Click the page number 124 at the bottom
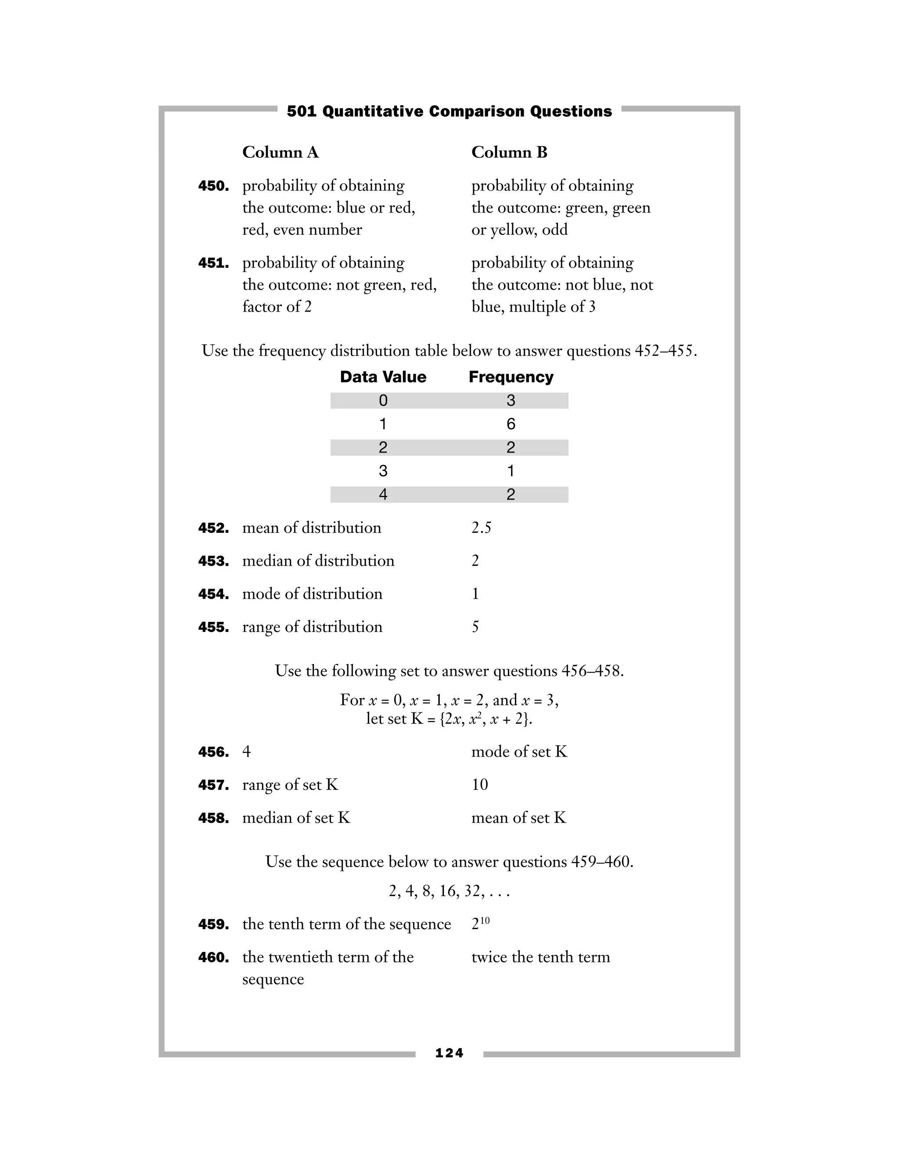click(x=449, y=1053)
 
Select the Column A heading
click(x=280, y=152)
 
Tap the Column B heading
click(x=509, y=152)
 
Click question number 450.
click(x=214, y=187)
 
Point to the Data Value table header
click(x=383, y=377)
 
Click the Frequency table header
click(x=511, y=377)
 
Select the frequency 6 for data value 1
click(x=511, y=424)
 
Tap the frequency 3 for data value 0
click(x=511, y=400)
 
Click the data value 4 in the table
click(x=383, y=494)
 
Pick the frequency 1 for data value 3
click(x=511, y=471)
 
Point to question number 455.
click(x=214, y=627)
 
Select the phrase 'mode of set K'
click(x=519, y=751)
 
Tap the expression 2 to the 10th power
click(x=480, y=924)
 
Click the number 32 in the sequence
click(x=472, y=891)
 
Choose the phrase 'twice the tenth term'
click(x=540, y=957)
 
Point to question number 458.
click(x=214, y=818)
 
